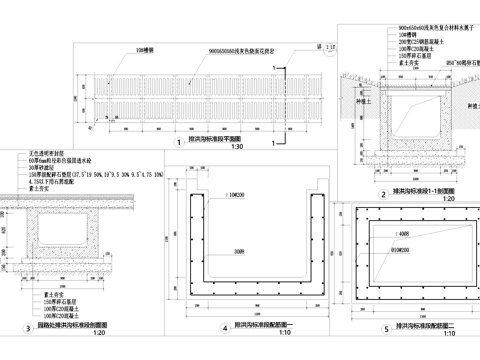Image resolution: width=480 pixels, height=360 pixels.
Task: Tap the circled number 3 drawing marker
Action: click(x=28, y=327)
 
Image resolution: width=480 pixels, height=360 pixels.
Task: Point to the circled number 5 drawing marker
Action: click(x=359, y=328)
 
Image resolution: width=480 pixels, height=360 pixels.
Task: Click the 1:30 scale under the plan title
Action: click(x=237, y=148)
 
